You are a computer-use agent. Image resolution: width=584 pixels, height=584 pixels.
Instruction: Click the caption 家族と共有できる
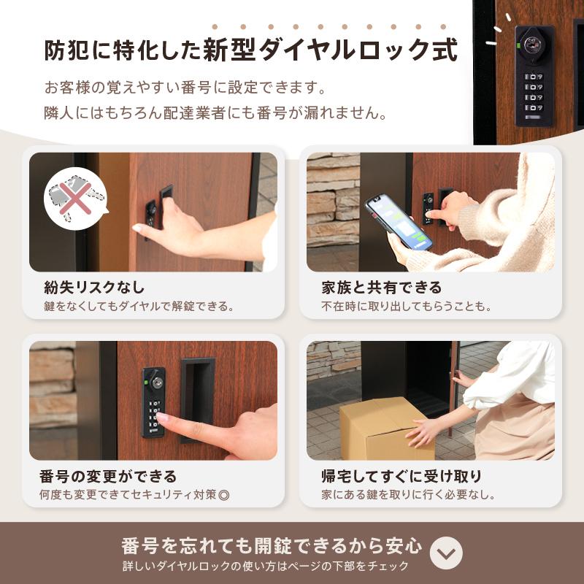(x=382, y=287)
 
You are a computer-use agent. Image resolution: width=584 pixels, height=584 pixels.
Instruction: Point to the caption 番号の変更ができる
(x=108, y=477)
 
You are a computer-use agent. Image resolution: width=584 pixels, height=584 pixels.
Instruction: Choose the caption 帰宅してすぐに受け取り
(x=401, y=477)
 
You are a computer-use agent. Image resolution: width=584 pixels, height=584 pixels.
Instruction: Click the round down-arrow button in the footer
(x=446, y=554)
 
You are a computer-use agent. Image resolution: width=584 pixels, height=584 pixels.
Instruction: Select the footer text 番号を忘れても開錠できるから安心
(x=272, y=545)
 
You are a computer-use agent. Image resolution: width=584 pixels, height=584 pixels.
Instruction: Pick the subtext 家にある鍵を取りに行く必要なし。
(x=409, y=495)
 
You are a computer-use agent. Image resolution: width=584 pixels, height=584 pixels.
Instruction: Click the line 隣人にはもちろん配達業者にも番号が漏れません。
(x=215, y=114)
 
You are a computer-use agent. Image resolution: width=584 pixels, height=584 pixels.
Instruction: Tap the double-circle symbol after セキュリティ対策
(x=224, y=495)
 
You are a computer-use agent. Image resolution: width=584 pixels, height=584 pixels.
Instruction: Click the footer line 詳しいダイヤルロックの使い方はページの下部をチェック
(x=266, y=566)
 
